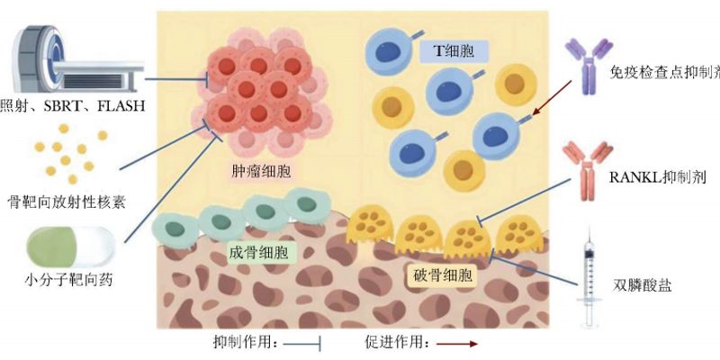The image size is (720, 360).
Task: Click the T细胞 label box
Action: coord(454,53)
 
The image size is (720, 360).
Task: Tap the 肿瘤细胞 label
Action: coord(254,170)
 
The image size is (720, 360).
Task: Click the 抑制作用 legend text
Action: coord(244,343)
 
